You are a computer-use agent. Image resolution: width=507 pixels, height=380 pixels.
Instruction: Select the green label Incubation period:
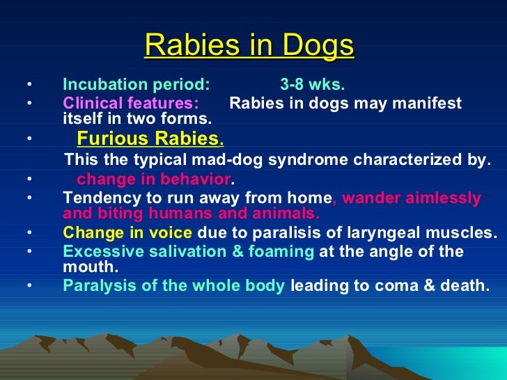pyautogui.click(x=136, y=86)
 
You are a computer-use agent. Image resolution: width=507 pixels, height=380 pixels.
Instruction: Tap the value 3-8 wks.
pyautogui.click(x=312, y=86)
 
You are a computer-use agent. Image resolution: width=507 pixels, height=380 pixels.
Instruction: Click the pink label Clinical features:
pyautogui.click(x=130, y=104)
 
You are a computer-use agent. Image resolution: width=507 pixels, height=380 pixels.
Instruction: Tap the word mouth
pyautogui.click(x=88, y=266)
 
